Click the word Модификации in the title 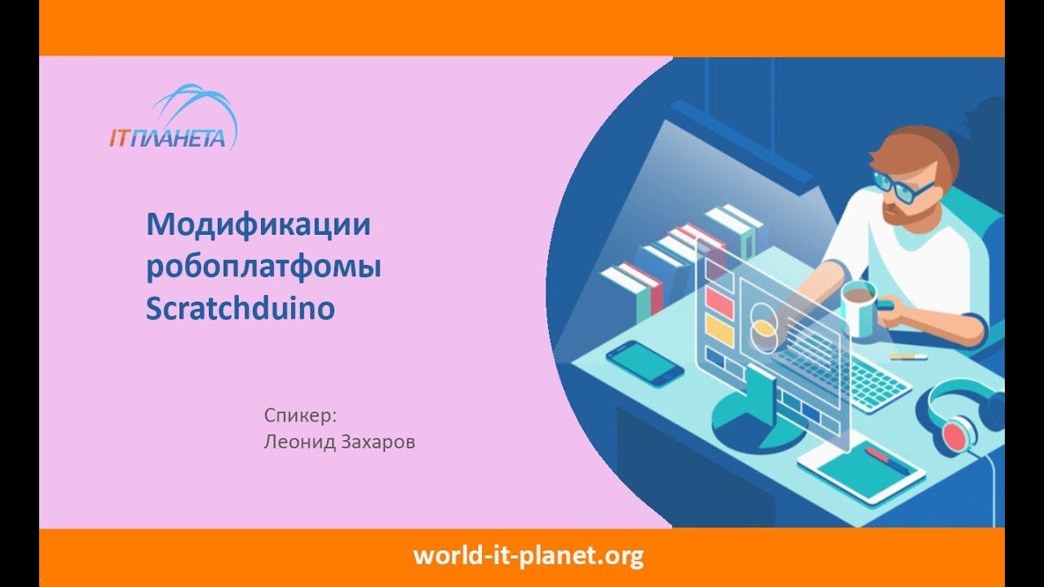point(258,224)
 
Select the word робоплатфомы point(263,267)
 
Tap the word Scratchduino point(241,309)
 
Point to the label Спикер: point(300,415)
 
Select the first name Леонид point(294,443)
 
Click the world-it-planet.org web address point(528,556)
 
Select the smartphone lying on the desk point(644,362)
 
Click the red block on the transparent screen point(719,301)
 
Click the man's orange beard point(902,214)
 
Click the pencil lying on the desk point(908,356)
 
